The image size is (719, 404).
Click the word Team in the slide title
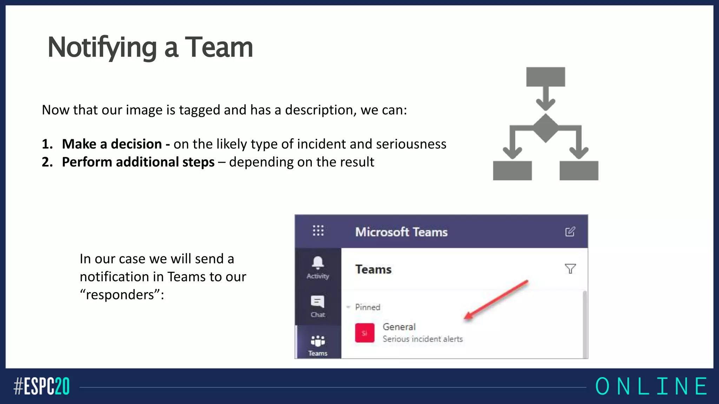[x=218, y=47]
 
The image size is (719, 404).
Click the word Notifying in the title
[x=102, y=47]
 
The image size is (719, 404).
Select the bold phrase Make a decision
[x=112, y=144]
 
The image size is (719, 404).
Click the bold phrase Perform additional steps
[x=138, y=162]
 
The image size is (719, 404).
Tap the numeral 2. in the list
[x=47, y=162]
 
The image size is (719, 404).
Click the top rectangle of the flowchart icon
[x=545, y=77]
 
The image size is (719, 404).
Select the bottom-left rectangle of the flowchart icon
[x=512, y=170]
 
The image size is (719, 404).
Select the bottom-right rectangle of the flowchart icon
[x=579, y=170]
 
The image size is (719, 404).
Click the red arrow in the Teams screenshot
[x=496, y=300]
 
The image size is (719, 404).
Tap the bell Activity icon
[x=318, y=263]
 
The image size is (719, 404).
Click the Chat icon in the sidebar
[x=318, y=302]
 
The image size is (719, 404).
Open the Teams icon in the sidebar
[x=318, y=341]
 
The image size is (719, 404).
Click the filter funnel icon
[x=570, y=269]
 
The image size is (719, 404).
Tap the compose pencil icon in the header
[x=570, y=232]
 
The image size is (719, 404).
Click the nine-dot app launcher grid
[x=318, y=231]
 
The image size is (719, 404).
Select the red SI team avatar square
[x=364, y=333]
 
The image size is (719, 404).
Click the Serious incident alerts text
[x=422, y=339]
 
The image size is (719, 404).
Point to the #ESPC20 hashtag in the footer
[x=41, y=386]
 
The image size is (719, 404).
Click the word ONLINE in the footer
[x=651, y=386]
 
